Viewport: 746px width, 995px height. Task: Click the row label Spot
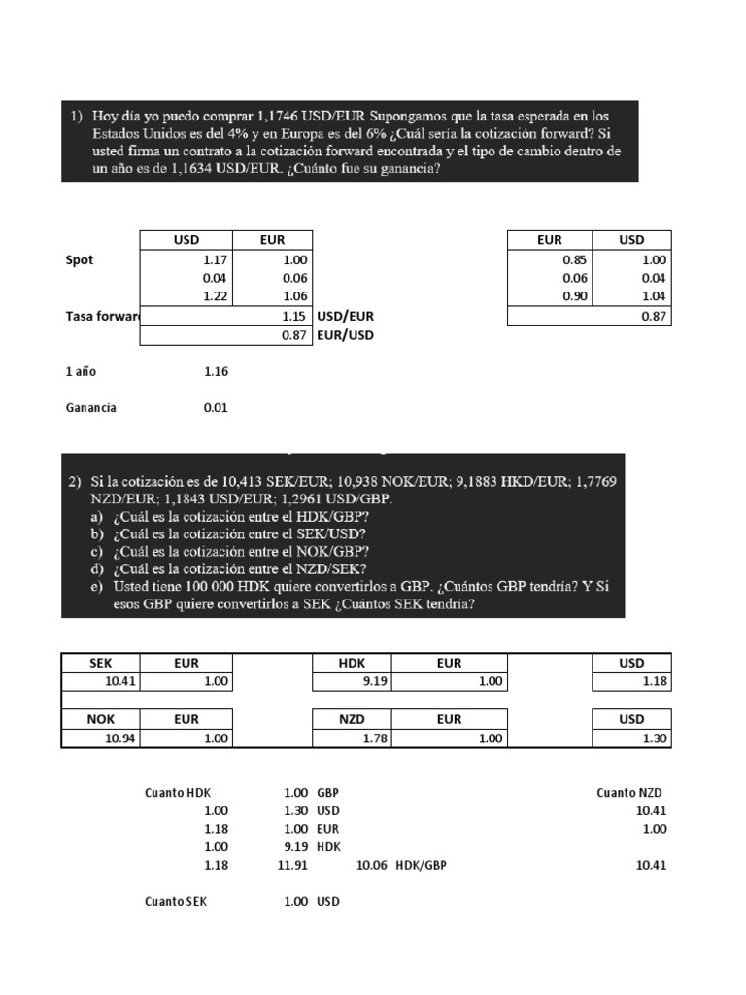pos(80,260)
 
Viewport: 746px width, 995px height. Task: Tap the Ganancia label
pos(90,408)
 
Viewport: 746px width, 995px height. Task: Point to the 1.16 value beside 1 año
pos(216,371)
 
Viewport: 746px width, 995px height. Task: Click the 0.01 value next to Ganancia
pos(216,408)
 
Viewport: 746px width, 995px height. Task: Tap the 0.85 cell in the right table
pos(576,260)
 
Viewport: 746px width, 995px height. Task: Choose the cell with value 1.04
pos(655,296)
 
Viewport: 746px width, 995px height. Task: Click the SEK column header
pos(101,663)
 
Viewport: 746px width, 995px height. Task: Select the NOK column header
pos(101,719)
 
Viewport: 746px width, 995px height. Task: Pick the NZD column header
pos(351,719)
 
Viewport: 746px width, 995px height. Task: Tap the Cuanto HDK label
pos(177,793)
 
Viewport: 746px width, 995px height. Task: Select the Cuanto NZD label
pos(629,793)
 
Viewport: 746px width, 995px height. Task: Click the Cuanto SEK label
pos(176,901)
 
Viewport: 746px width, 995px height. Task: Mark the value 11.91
pos(294,865)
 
